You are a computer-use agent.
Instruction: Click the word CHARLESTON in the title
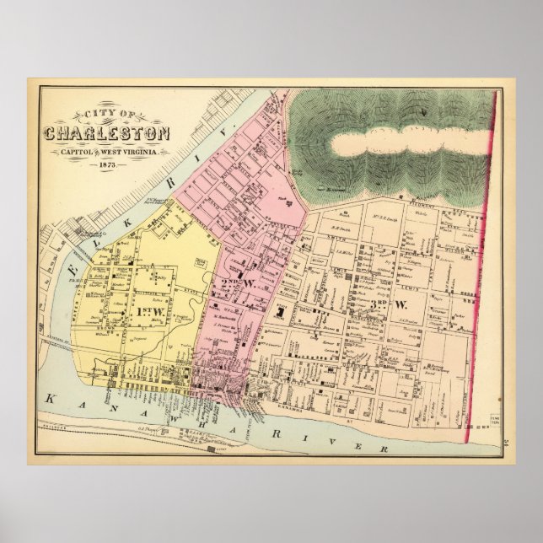(107, 134)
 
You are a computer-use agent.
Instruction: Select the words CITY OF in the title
(108, 116)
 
